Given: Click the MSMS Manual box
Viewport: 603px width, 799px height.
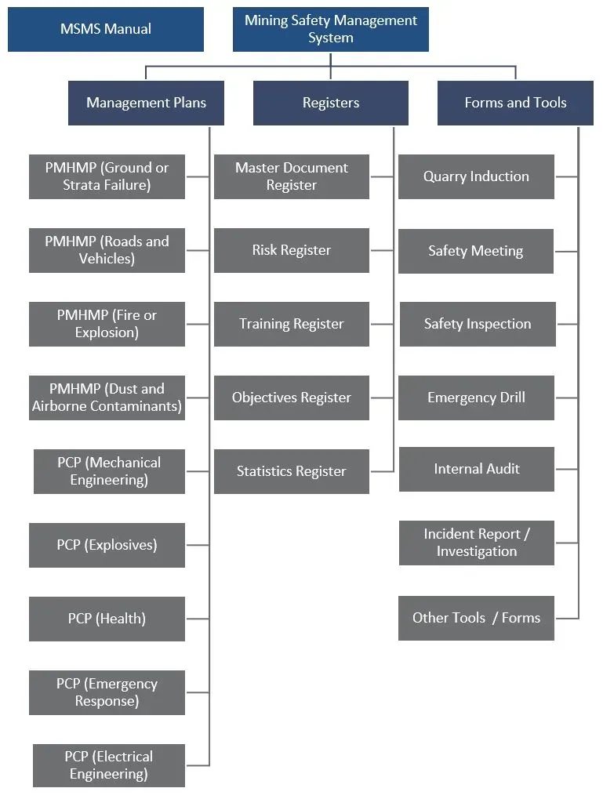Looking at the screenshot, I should [x=106, y=30].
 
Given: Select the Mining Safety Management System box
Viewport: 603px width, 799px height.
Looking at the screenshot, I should [x=330, y=30].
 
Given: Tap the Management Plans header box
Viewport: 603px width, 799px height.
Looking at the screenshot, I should [x=146, y=103].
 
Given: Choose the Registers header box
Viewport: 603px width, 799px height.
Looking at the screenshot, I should [x=330, y=103].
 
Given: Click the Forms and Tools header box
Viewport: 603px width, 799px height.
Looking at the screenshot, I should [x=515, y=103].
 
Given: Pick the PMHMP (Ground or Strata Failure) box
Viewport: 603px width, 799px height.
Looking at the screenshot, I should [x=107, y=176].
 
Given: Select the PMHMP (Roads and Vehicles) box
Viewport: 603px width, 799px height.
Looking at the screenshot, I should [x=107, y=250].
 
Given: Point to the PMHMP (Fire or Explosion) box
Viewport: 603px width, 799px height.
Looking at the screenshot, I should [x=107, y=324].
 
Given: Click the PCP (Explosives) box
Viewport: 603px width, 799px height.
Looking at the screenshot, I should [x=107, y=545].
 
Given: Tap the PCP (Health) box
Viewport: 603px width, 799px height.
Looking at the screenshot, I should [x=107, y=619].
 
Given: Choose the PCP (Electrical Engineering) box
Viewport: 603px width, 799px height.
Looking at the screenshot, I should [x=108, y=765].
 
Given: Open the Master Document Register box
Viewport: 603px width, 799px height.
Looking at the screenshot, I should [x=291, y=176].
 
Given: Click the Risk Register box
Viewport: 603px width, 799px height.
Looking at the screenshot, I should [x=291, y=250].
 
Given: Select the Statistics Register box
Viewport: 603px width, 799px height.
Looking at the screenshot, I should [x=291, y=471].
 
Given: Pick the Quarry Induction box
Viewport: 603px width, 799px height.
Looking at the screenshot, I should [x=476, y=176].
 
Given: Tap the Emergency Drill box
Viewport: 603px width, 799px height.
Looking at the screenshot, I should [x=476, y=398].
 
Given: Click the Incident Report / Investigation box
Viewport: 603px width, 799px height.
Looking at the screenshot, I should [x=476, y=543].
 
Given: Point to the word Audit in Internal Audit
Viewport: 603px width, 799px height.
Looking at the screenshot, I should [x=499, y=469].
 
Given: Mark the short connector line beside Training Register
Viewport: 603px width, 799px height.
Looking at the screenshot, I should [x=381, y=324].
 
